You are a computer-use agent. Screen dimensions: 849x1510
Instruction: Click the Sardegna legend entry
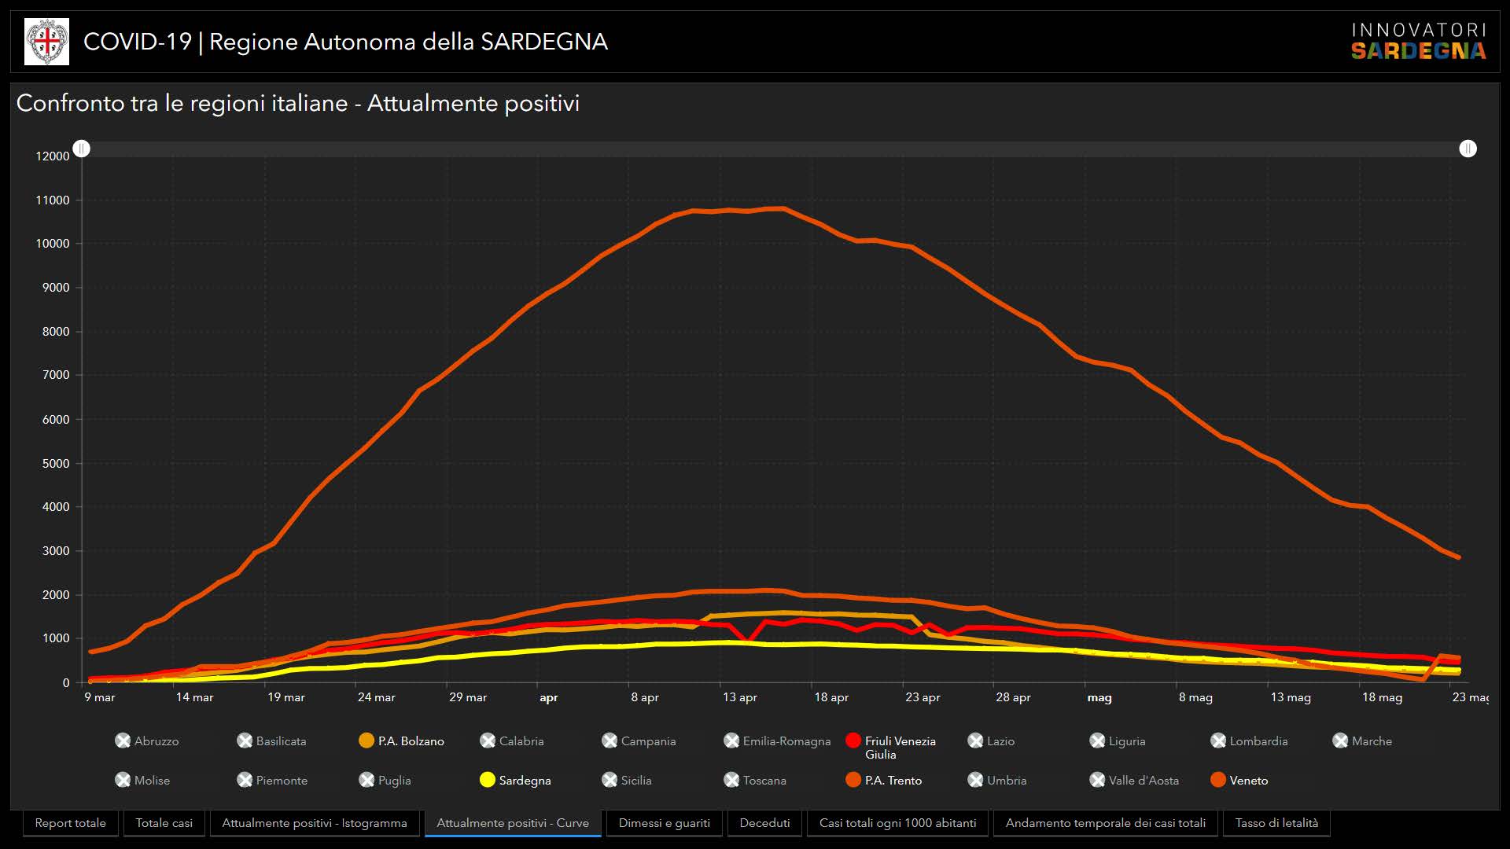[x=516, y=780]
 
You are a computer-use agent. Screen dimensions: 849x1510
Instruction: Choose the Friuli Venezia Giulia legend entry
[x=891, y=747]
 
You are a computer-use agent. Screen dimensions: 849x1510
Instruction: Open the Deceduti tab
[x=764, y=823]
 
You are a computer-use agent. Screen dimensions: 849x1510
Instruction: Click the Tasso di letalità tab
[x=1276, y=823]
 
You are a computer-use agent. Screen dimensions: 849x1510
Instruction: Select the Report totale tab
[x=71, y=823]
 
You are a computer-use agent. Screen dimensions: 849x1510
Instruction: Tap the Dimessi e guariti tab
[x=664, y=823]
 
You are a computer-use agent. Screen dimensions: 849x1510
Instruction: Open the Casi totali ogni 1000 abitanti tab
[x=897, y=823]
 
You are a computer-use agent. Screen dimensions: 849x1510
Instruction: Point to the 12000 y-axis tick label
[x=53, y=156]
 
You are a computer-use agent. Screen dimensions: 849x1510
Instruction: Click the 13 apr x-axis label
[x=739, y=697]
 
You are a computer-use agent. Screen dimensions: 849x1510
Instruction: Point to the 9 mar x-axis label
[x=100, y=697]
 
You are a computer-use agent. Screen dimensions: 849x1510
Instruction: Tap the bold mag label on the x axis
[x=1099, y=697]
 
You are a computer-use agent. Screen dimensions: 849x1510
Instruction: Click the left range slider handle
[x=82, y=149]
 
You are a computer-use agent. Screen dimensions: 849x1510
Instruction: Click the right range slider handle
[x=1468, y=149]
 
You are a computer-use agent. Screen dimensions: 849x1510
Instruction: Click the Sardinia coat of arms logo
[x=47, y=42]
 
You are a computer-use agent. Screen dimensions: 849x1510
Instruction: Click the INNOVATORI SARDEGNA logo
[x=1418, y=42]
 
